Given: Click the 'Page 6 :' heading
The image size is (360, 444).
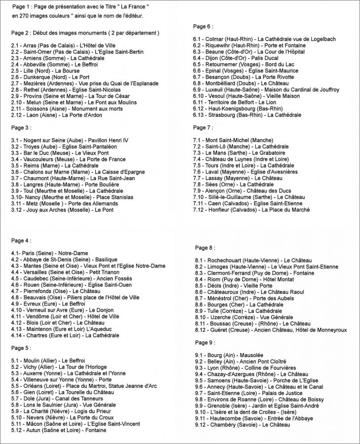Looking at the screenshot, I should point(203,27).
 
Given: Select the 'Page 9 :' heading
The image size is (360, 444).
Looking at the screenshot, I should point(205,342).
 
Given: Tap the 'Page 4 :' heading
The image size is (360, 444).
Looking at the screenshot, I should point(21,241).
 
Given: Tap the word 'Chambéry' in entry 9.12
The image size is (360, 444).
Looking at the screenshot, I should point(222,425).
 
